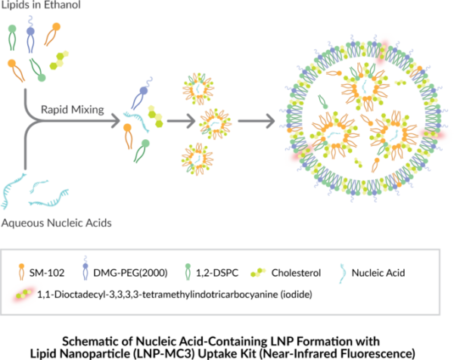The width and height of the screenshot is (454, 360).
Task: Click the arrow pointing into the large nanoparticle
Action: [255, 120]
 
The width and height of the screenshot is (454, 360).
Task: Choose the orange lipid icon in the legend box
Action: [20, 271]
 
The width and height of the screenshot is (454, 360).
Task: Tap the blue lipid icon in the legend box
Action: [86, 269]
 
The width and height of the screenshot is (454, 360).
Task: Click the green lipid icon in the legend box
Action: [188, 272]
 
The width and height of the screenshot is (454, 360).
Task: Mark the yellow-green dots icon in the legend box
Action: [259, 272]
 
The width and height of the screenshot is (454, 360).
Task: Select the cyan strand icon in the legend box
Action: [343, 273]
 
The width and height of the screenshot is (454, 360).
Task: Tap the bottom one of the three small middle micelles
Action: [197, 158]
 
